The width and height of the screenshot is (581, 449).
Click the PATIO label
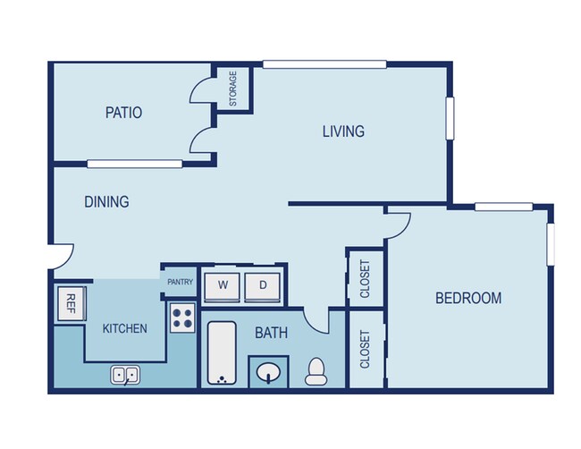click(x=123, y=113)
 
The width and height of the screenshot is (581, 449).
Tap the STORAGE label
click(x=233, y=89)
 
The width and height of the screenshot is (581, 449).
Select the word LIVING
click(x=343, y=131)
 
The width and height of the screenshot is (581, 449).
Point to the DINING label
click(x=106, y=202)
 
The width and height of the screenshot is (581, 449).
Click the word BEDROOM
click(x=468, y=298)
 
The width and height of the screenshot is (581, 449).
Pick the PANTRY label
click(x=180, y=282)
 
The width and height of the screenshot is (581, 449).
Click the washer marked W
click(x=223, y=287)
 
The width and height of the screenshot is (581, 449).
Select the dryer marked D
click(x=262, y=287)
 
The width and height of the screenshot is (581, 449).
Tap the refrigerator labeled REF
click(x=72, y=303)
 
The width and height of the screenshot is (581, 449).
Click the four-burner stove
click(x=182, y=318)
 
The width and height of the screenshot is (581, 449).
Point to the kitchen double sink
click(x=125, y=375)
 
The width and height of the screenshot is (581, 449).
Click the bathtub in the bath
click(x=222, y=352)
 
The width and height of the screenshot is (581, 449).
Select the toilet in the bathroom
click(x=316, y=371)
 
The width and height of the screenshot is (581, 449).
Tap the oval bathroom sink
click(x=269, y=372)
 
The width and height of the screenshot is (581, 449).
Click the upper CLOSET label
click(x=365, y=279)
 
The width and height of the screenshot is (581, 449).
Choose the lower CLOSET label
click(x=365, y=349)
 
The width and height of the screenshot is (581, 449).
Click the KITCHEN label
click(x=125, y=328)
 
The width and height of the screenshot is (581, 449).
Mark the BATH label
click(x=271, y=333)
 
